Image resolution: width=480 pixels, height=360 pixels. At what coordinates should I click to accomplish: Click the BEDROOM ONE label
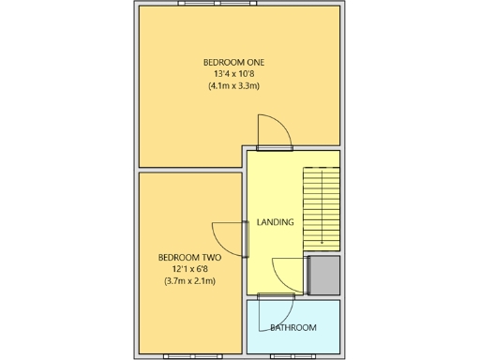point(234,62)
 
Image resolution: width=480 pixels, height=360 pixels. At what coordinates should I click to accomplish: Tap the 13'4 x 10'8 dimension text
point(234,74)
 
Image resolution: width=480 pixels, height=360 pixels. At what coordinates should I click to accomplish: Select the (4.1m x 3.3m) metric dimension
point(234,86)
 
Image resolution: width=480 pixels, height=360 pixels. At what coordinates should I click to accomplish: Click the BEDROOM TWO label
point(189,256)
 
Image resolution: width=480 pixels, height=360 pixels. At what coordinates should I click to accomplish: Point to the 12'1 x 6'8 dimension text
point(189,268)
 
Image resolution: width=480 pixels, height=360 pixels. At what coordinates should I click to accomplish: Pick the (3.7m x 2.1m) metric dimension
point(189,280)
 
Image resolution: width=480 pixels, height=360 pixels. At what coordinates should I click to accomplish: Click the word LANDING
point(275,222)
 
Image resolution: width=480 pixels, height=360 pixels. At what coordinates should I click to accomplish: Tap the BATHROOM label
point(292,327)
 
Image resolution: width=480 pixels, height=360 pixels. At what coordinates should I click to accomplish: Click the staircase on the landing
point(321,207)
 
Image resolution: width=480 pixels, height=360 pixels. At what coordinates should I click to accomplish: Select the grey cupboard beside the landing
point(324,273)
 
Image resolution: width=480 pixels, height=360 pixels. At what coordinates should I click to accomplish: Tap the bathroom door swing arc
point(276,311)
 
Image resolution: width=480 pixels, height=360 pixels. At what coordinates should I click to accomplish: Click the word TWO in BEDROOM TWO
point(210,256)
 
